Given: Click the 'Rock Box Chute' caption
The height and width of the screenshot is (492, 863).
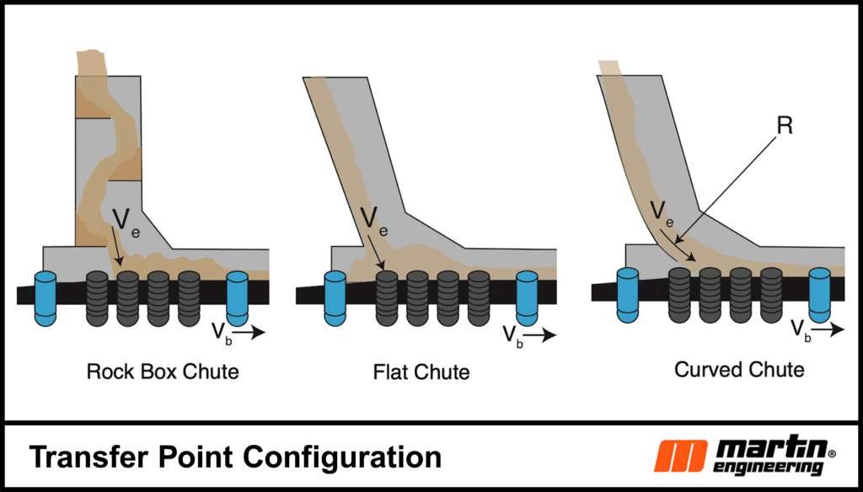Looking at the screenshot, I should [163, 372].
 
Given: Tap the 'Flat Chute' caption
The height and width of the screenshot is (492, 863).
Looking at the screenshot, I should [421, 372].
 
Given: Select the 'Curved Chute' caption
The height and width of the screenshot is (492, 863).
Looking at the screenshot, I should [739, 369].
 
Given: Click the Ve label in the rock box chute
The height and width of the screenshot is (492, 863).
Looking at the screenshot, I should [122, 222].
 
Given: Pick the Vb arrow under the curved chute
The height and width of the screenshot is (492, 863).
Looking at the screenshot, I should [829, 330].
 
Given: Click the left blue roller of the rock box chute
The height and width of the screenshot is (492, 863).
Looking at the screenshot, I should [46, 297].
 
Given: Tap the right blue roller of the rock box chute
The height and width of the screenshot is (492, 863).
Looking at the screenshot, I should [238, 297].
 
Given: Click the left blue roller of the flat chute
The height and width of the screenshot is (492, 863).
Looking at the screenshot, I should [335, 297].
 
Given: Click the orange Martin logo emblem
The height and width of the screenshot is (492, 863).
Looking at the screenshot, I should [682, 456].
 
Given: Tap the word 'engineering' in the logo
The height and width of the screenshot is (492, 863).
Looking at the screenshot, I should [769, 465].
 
